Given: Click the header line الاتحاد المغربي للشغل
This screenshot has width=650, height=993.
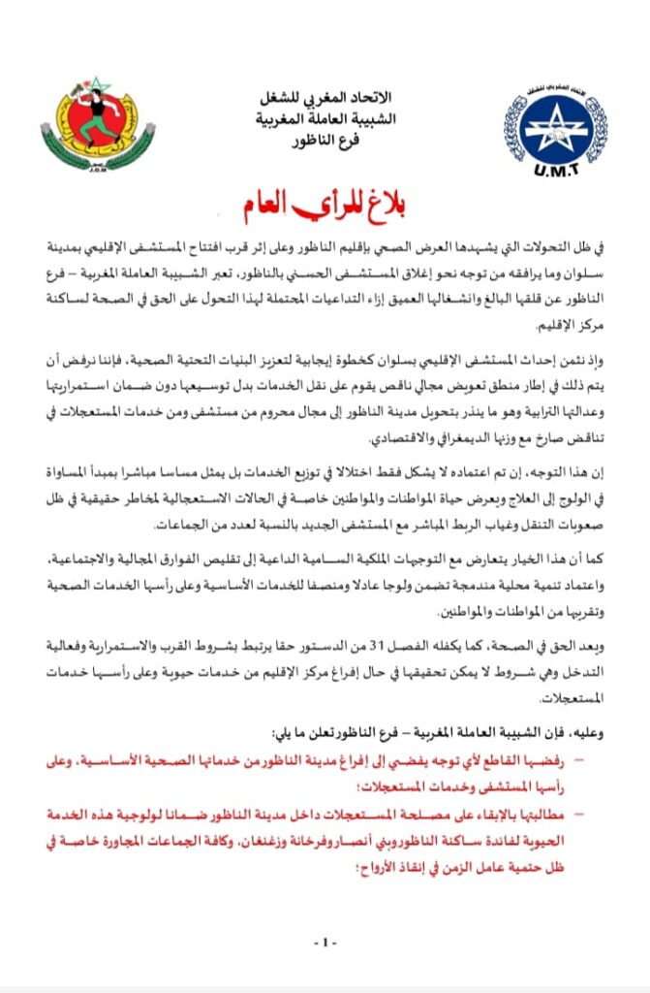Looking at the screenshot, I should coord(325,98).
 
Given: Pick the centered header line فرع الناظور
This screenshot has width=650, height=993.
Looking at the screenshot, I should coord(325,140).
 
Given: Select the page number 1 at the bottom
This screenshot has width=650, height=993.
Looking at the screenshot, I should coord(325,943).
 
